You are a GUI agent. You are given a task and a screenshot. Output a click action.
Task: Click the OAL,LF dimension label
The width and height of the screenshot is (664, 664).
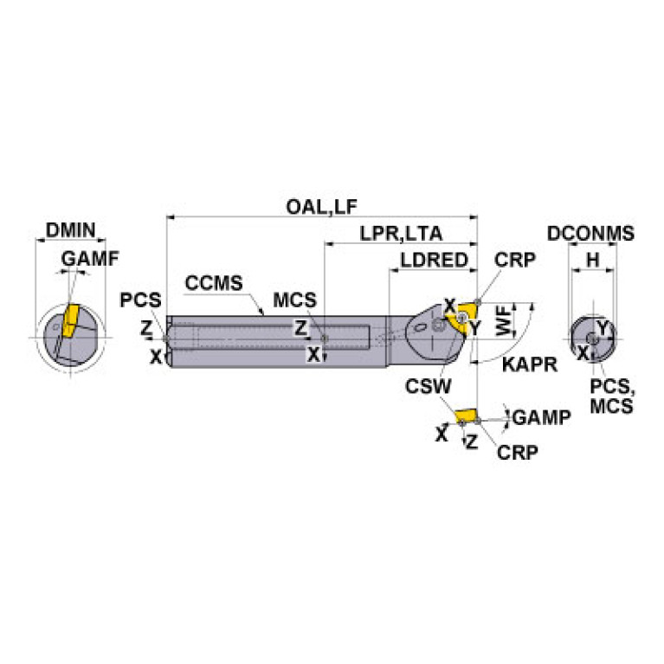[322, 207]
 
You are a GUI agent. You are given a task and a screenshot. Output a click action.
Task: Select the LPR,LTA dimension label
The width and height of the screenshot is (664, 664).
[401, 234]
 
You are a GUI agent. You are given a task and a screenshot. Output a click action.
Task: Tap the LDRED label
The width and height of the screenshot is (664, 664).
[434, 260]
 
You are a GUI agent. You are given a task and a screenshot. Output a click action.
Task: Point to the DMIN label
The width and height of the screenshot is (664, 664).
[71, 230]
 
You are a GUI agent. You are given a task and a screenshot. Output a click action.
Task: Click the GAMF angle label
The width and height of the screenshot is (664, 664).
[90, 258]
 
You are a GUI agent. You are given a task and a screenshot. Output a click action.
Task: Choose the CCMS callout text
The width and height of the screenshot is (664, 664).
[214, 283]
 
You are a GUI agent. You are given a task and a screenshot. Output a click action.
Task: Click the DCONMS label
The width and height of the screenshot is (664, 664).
[590, 234]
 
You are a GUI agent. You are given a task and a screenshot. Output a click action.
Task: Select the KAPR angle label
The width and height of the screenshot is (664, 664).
[530, 364]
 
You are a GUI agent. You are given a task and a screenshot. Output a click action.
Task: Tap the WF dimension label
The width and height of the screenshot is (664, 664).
[504, 323]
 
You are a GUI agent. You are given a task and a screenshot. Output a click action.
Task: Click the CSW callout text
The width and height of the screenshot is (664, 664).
[429, 386]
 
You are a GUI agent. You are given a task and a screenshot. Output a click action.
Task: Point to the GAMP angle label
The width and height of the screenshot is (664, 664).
[542, 417]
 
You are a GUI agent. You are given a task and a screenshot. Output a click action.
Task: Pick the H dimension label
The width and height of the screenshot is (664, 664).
[593, 260]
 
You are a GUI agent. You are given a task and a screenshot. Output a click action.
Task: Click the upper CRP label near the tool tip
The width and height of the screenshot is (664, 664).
[514, 260]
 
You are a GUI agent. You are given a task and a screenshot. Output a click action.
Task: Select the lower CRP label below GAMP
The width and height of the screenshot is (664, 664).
[518, 452]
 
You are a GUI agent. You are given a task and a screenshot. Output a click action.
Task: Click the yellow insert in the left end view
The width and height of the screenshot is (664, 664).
[70, 320]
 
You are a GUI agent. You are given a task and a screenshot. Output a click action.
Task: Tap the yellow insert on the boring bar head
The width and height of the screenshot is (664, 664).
[461, 318]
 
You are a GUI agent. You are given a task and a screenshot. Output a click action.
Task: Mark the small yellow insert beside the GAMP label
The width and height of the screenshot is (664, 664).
[466, 416]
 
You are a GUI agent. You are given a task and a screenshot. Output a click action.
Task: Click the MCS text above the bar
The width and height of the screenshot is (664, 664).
[294, 300]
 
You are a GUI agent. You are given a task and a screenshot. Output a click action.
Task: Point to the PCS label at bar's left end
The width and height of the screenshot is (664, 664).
[140, 300]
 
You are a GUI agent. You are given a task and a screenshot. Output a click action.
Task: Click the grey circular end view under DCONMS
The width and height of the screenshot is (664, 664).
[592, 338]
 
